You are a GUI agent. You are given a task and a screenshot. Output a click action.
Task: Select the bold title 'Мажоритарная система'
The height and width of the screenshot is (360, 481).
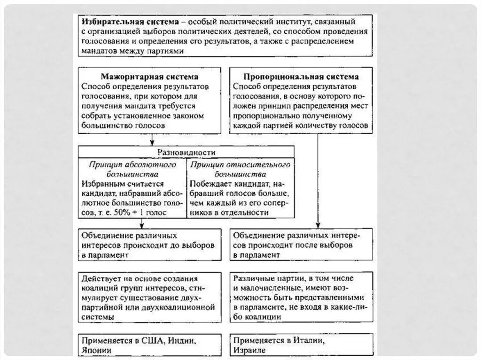[150, 77]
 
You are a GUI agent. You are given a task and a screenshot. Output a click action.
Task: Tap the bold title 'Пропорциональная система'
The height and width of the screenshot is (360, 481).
[301, 77]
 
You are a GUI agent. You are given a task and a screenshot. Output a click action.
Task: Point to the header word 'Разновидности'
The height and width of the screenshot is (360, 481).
[186, 153]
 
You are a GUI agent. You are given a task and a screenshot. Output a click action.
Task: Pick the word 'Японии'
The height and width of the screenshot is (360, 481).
[96, 350]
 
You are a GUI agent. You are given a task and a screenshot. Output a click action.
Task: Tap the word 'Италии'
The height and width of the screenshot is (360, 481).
[307, 341]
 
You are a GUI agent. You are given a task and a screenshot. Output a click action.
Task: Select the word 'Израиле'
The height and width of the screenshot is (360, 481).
[249, 350]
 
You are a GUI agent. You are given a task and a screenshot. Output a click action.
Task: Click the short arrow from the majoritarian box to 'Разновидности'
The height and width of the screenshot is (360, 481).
[152, 140]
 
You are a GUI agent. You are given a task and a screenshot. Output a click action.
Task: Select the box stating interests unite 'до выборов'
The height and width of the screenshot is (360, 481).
[149, 245]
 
